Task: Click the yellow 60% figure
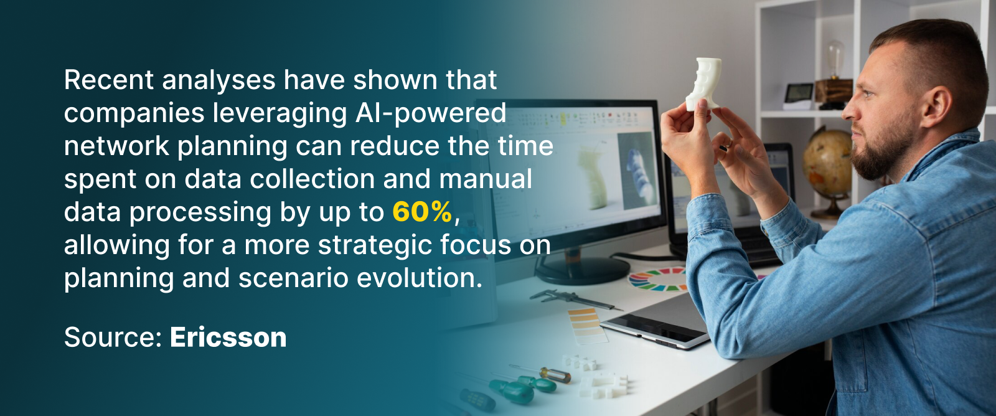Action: pyautogui.click(x=422, y=212)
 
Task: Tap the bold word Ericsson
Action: pyautogui.click(x=228, y=338)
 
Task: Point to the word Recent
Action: pyautogui.click(x=109, y=80)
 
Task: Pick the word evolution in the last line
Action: pyautogui.click(x=420, y=278)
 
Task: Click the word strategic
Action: pyautogui.click(x=375, y=246)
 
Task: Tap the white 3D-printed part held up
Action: pyautogui.click(x=703, y=83)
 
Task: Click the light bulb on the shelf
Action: pyautogui.click(x=835, y=60)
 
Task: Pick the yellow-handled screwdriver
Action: pyautogui.click(x=541, y=372)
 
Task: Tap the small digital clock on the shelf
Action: pyautogui.click(x=799, y=96)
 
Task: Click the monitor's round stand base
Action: pyautogui.click(x=583, y=270)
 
